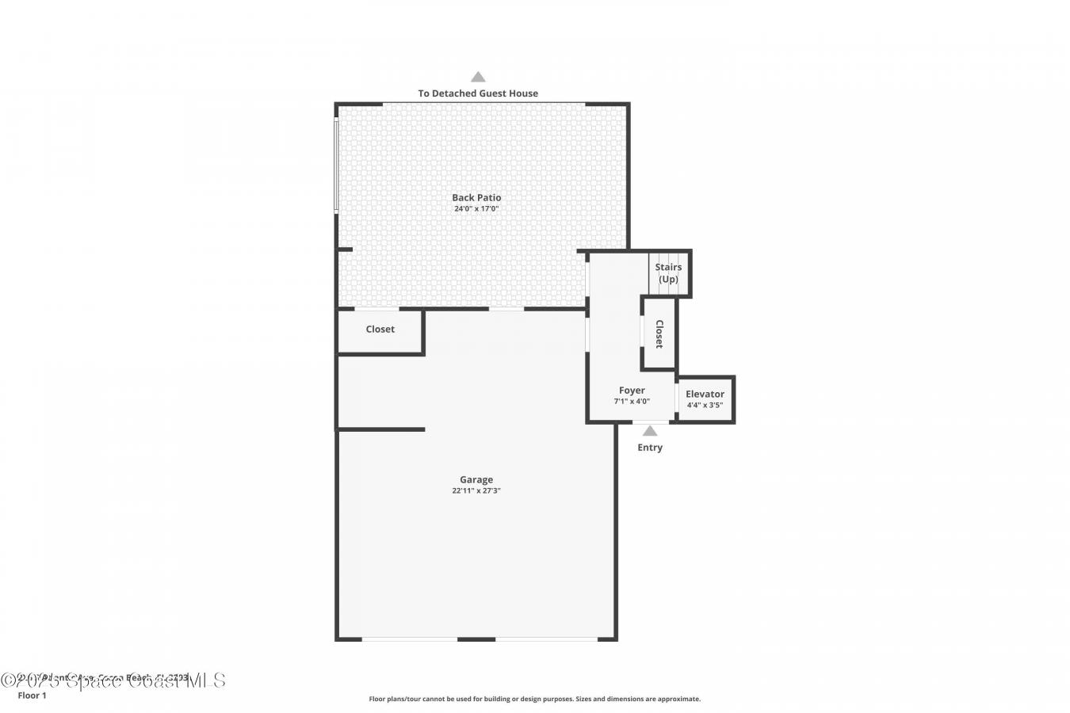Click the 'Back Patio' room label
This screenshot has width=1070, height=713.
tap(476, 197)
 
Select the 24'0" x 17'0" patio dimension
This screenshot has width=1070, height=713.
tap(476, 209)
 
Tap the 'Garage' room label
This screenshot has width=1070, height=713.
tap(476, 479)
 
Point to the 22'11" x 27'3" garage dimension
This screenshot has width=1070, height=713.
tap(476, 491)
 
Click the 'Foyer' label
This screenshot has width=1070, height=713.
tap(632, 391)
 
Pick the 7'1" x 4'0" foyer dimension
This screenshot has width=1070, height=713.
tap(632, 402)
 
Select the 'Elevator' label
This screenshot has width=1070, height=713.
tap(705, 394)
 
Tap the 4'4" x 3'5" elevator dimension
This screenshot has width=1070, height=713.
tap(705, 406)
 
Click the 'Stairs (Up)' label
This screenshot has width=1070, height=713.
tap(668, 273)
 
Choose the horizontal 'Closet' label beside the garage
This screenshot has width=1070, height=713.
tap(380, 330)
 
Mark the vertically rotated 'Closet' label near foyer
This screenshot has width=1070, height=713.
tap(659, 334)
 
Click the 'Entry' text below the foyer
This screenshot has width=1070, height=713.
tap(650, 448)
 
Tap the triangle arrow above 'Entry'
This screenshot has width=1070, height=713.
tap(650, 431)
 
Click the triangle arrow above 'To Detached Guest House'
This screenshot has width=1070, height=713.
tap(478, 77)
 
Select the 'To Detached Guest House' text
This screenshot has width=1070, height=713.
tap(478, 93)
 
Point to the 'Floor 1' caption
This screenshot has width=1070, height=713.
tap(32, 696)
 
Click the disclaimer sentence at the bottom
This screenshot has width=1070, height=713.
tap(535, 699)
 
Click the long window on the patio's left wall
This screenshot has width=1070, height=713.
tap(336, 165)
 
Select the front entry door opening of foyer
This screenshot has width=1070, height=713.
tap(650, 422)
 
